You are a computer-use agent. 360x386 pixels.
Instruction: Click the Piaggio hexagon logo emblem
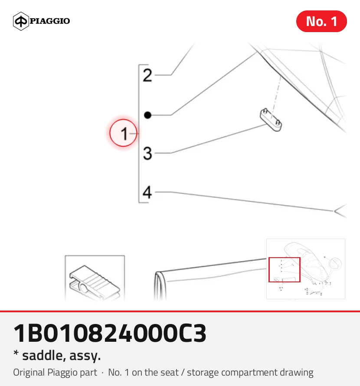[x=21, y=21]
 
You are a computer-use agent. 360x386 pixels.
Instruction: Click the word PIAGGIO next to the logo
[x=50, y=21]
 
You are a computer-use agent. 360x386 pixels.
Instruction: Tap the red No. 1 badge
[x=321, y=21]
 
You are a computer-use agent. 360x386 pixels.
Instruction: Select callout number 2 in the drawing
[x=147, y=75]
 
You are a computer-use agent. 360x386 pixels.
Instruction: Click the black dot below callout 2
[x=147, y=115]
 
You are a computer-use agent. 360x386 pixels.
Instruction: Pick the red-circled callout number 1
[x=123, y=133]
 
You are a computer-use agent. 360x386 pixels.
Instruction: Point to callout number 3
[x=147, y=154]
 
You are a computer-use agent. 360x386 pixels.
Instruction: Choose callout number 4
[x=147, y=192]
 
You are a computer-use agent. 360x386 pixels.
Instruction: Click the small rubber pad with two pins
[x=271, y=120]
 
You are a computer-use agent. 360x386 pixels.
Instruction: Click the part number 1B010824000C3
[x=110, y=334]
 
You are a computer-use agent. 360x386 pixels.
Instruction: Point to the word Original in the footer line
[x=30, y=373]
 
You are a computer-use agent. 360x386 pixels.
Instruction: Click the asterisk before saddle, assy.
[x=16, y=353]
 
